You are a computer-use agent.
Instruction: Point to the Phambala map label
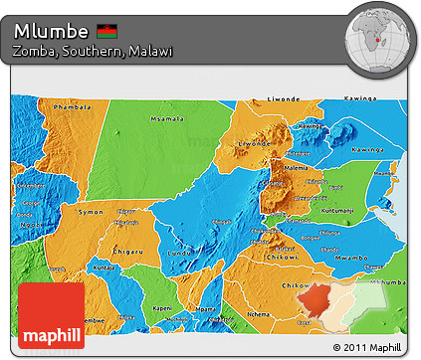[72, 106]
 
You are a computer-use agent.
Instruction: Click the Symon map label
[91, 212]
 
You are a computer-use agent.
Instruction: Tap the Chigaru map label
[126, 250]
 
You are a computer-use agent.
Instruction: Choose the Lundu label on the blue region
[183, 254]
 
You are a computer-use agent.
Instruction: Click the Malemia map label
[298, 168]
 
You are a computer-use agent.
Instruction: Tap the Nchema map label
[257, 313]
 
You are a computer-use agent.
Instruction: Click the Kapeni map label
[162, 308]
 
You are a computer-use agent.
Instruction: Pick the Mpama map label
[206, 309]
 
